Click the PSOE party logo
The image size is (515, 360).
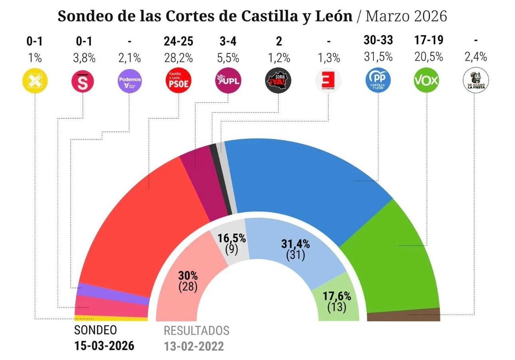[x=178, y=81]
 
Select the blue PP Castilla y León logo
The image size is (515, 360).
[x=378, y=81]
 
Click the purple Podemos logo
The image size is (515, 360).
[x=130, y=81]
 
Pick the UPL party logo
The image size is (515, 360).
[x=227, y=81]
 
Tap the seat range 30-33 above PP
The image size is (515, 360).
[x=378, y=41]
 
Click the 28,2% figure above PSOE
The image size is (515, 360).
[x=178, y=57]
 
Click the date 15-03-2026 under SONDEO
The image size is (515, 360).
[x=104, y=345]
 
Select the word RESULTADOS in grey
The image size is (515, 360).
[x=196, y=331]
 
